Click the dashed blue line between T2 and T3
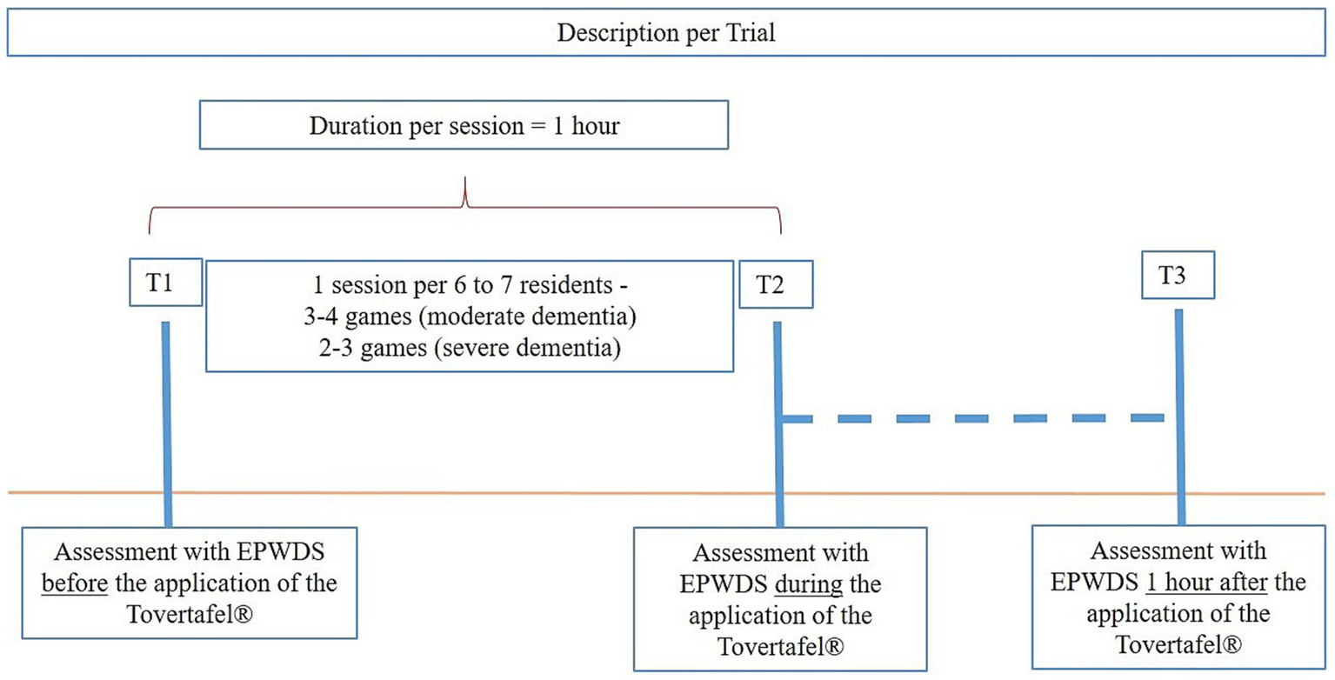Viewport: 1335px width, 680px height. coord(974,419)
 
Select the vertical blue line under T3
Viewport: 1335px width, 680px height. coord(1179,409)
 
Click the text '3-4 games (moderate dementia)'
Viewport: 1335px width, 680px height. coord(466,317)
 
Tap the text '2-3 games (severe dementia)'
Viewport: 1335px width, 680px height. coord(466,350)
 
